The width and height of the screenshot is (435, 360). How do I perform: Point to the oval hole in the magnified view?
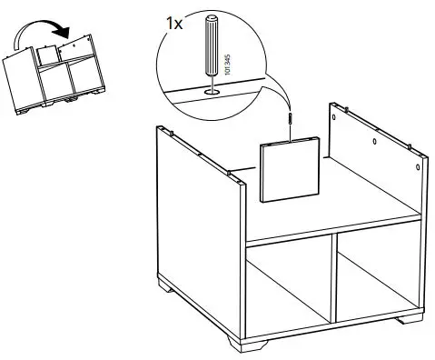[x=211, y=90]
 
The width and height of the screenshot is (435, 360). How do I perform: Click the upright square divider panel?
[x=290, y=170]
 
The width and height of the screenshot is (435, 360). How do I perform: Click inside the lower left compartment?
[x=289, y=291]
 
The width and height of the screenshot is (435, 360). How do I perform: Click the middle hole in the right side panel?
[x=376, y=143]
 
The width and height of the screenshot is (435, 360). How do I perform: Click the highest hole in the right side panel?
[x=336, y=116]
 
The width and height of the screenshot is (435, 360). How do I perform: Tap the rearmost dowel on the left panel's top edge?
[x=169, y=132]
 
